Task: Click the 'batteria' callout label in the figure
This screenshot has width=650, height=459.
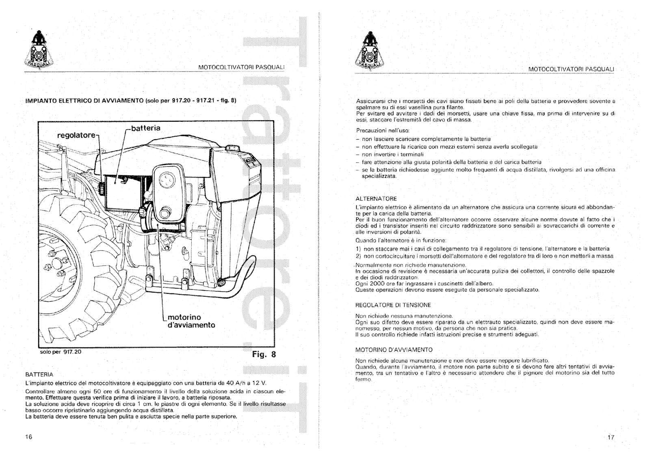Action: pyautogui.click(x=146, y=128)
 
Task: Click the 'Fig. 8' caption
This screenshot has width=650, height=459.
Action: pyautogui.click(x=264, y=354)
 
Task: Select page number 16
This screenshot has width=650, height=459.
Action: pyautogui.click(x=28, y=437)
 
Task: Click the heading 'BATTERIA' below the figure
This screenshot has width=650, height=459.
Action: pyautogui.click(x=39, y=374)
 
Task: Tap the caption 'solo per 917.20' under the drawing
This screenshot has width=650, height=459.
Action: pyautogui.click(x=61, y=352)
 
